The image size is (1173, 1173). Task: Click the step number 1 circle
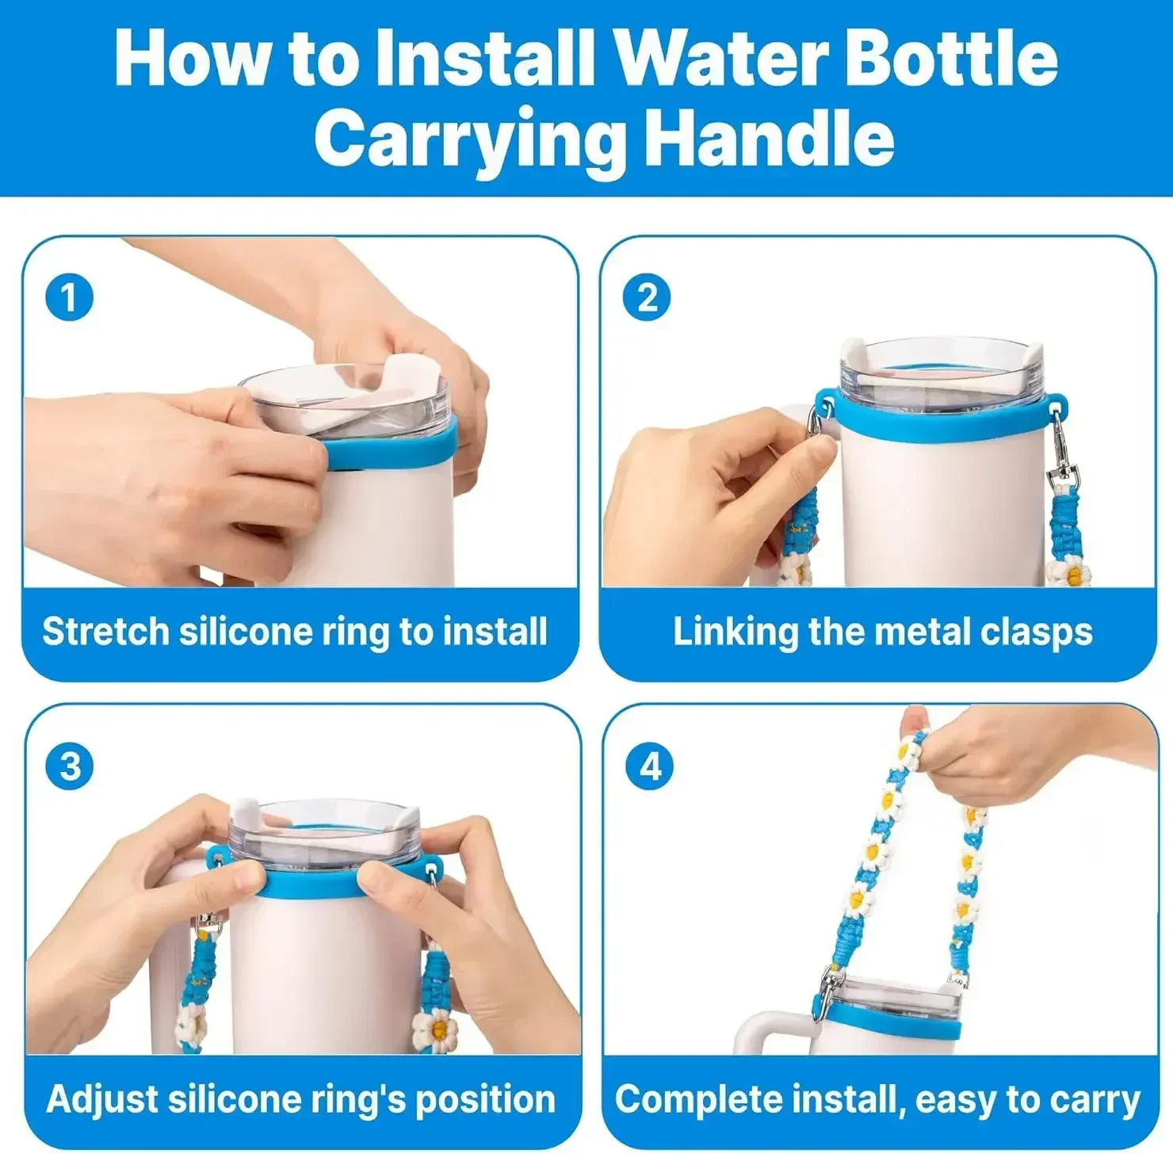pyautogui.click(x=69, y=298)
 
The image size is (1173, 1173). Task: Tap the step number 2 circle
pyautogui.click(x=647, y=298)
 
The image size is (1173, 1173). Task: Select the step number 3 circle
pyautogui.click(x=70, y=766)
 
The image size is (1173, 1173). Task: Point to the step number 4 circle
pyautogui.click(x=650, y=766)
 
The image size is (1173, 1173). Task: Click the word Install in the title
pyautogui.click(x=484, y=58)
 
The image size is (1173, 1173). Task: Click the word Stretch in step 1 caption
pyautogui.click(x=105, y=632)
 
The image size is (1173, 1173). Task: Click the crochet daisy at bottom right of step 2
pyautogui.click(x=1069, y=571)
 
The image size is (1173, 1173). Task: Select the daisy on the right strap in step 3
pyautogui.click(x=435, y=1029)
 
